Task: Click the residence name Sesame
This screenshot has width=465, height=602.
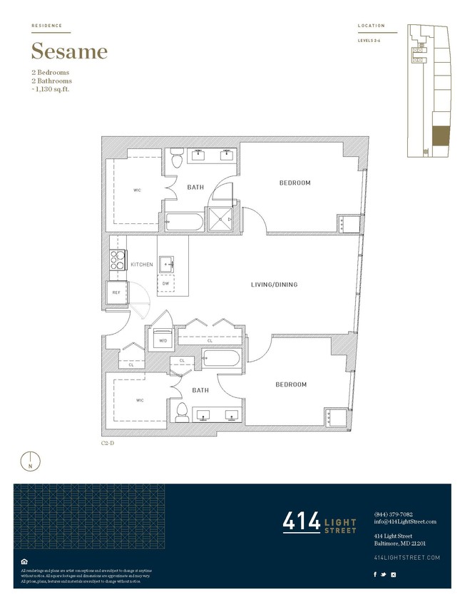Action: pos(69,51)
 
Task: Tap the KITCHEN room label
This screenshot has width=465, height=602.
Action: pos(142,265)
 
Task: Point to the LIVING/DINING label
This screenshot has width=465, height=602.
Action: pos(274,285)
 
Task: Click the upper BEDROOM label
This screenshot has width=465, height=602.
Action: pos(294,183)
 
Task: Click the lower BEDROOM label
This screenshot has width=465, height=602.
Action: pos(291,384)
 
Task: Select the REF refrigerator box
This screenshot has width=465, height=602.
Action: pos(116,292)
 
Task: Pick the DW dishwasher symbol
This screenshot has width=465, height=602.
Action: pos(165,283)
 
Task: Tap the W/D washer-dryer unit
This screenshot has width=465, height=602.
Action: pos(163,340)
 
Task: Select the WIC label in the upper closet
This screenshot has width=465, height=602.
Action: pos(137,190)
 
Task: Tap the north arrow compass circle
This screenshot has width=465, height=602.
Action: pos(30,460)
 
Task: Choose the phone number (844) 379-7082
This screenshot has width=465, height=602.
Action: pos(393,514)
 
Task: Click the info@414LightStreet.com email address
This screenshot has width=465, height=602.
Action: pos(404,521)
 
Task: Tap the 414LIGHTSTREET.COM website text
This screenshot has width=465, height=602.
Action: pos(407,557)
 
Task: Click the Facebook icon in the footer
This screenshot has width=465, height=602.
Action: pos(376,574)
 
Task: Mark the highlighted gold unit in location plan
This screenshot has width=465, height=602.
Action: pos(441,136)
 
